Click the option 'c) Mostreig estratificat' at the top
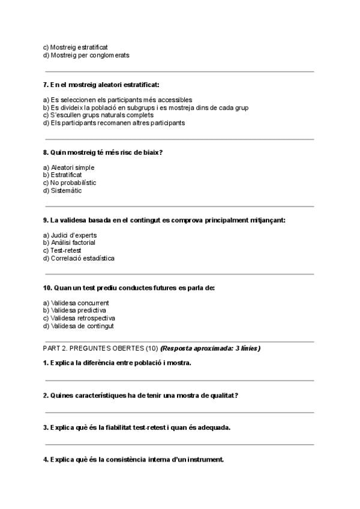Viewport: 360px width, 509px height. (76, 47)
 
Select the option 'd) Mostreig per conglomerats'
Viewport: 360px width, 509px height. (86, 55)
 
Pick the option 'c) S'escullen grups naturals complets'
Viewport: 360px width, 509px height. (98, 115)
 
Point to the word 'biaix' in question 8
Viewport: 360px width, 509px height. (153, 152)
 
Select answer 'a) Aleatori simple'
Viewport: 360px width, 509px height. (68, 167)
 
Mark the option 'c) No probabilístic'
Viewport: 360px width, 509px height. (70, 182)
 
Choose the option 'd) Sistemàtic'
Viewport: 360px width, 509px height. (62, 191)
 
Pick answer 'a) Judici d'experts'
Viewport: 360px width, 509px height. (70, 235)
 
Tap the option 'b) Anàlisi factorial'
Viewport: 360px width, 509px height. (69, 242)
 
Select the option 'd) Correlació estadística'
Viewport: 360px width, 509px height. (79, 258)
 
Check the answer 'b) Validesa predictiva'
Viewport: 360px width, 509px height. (74, 310)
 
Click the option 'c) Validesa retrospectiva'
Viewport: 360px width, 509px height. (79, 318)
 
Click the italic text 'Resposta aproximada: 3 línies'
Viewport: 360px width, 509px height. (211, 348)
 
